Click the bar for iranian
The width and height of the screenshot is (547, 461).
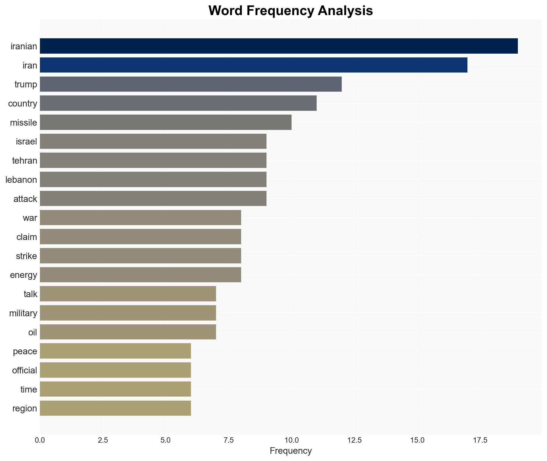(279, 46)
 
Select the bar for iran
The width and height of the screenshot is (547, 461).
(254, 65)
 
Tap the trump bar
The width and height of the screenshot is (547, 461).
(191, 84)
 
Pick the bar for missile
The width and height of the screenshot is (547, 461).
(166, 122)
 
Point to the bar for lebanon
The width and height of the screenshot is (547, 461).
(153, 180)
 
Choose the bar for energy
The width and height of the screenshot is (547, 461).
(140, 275)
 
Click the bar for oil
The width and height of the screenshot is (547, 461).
(128, 332)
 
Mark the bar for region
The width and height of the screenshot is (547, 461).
(115, 408)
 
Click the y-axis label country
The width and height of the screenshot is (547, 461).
(23, 104)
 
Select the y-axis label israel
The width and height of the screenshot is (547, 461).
(26, 142)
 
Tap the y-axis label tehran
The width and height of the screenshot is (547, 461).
(25, 161)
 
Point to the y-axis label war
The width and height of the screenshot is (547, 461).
(30, 218)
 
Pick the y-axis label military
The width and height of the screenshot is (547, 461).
(23, 313)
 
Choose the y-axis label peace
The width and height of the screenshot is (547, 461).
(25, 351)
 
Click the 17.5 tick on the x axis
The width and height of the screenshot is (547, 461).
(480, 440)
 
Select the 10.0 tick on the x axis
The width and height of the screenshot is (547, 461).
(292, 440)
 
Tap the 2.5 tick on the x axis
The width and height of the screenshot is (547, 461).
(103, 440)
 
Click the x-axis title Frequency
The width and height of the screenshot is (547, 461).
(290, 451)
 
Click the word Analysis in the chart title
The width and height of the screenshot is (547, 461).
(346, 11)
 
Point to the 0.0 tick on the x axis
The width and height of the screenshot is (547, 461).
(40, 440)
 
